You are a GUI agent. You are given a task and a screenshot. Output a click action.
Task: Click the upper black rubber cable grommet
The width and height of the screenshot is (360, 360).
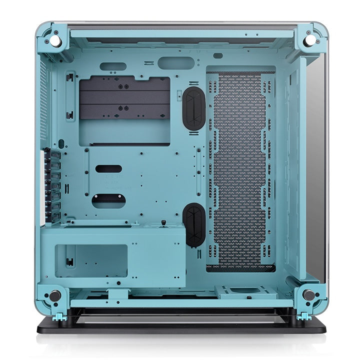pos(194,108)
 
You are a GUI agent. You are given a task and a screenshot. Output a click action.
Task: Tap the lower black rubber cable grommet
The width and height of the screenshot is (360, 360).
pos(194,225)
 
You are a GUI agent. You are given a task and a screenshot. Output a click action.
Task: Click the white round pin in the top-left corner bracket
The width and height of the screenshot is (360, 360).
pos(56,38)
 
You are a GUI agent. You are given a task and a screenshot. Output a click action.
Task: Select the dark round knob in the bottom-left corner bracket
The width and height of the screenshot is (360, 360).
pos(55,296)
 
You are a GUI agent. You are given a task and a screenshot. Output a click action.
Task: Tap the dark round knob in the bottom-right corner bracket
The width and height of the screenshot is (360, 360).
pos(309,295)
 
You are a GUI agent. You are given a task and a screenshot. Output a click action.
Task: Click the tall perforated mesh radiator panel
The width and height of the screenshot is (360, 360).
pos(240,170)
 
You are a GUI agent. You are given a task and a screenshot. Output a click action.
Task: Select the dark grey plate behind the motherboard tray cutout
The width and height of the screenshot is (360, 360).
pos(124,98)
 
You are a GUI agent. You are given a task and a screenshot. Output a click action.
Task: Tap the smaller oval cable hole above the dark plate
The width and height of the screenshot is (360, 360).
pos(112,66)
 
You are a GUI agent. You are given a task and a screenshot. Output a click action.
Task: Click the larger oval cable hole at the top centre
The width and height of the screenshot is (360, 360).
pos(175,63)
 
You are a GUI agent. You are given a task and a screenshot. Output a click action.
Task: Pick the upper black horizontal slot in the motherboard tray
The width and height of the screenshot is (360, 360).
pos(108,169)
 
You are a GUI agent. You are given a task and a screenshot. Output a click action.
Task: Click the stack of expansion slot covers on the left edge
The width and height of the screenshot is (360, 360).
pos(51,185)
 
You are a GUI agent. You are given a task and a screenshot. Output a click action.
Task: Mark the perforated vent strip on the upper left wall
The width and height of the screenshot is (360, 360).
pos(43,100)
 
